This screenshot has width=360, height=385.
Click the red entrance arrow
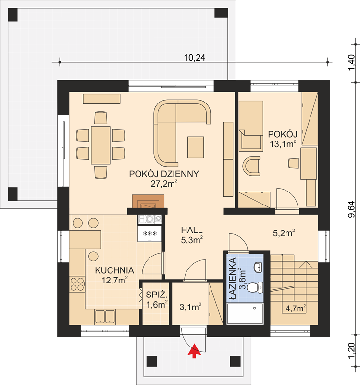pos(194,351)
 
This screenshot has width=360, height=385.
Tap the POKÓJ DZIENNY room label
pos(164,174)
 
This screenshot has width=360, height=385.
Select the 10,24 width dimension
pos(195,58)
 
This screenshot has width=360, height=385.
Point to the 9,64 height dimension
pos(351,209)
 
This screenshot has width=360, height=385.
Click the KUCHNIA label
pos(114,270)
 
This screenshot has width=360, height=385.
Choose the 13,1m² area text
pos(283,144)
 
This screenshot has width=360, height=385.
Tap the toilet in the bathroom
pos(255,287)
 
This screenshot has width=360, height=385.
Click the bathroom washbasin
pos(258,267)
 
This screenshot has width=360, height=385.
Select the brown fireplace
pos(149,202)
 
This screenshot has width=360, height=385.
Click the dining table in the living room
pos(100,145)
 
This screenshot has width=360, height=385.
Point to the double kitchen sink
pos(105,317)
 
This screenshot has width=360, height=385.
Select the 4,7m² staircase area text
pos(296,308)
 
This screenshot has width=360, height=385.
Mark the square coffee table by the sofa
pos(196,147)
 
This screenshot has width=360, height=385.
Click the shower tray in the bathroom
pos(245,314)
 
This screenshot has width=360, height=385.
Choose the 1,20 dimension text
pos(351,350)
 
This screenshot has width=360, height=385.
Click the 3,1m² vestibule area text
pos(190,307)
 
